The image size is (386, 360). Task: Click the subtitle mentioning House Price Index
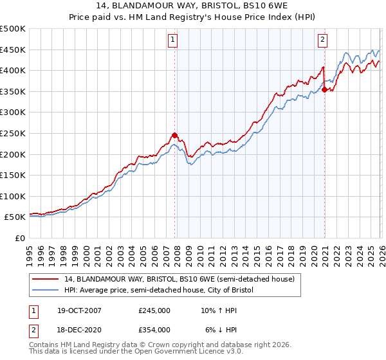point(193,19)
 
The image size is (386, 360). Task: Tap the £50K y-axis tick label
point(15,217)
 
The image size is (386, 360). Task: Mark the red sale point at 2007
point(174,135)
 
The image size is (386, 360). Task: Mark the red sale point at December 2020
point(324,89)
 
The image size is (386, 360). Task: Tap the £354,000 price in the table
point(154,329)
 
